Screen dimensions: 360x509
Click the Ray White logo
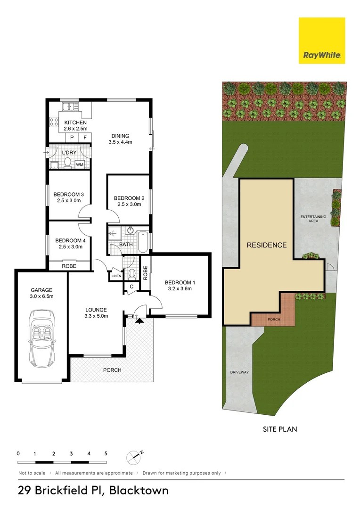click(322, 41)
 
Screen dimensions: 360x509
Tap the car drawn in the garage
click(42, 338)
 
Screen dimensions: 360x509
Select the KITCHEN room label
click(75, 123)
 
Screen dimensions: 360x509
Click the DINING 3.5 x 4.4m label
click(120, 139)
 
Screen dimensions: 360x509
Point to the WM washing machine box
click(80, 164)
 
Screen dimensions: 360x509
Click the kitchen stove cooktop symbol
click(54, 122)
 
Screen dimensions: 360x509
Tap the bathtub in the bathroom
click(143, 242)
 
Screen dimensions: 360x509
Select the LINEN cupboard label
click(116, 276)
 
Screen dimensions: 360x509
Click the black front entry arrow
click(139, 321)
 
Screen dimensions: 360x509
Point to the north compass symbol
click(134, 457)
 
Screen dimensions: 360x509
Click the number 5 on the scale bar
click(106, 453)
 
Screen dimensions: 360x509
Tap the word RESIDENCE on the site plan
click(267, 245)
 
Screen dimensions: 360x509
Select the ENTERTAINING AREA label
click(313, 219)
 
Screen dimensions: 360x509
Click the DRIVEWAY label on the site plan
click(239, 372)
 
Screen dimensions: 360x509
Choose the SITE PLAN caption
click(280, 429)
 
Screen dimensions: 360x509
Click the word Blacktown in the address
click(139, 490)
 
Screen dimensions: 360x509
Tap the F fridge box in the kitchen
click(85, 138)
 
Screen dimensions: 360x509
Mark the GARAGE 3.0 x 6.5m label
click(41, 293)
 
